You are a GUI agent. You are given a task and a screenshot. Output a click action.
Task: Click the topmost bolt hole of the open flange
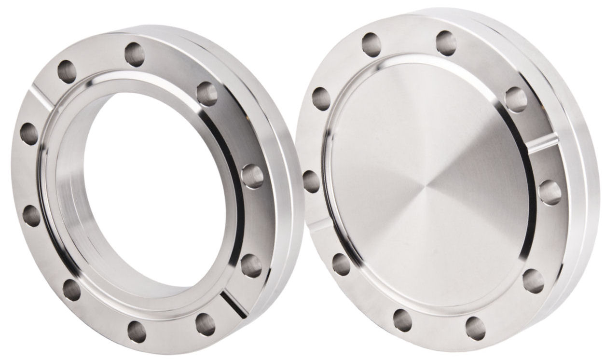tap(135, 55)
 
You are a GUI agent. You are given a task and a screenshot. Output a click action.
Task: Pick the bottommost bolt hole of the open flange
tap(137, 331)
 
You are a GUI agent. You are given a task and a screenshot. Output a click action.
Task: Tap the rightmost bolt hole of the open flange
tap(252, 176)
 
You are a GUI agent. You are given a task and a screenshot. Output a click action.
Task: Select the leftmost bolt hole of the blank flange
tap(312, 182)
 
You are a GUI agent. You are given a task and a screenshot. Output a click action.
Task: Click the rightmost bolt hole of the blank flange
tap(550, 193)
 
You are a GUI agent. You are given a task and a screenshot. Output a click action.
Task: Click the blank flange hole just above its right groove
tap(516, 99)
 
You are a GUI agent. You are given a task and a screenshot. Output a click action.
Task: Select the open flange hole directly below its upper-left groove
tap(29, 133)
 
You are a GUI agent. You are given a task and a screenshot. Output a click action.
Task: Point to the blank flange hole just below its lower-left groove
tap(341, 264)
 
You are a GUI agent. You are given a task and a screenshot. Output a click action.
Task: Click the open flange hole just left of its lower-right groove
tap(206, 324)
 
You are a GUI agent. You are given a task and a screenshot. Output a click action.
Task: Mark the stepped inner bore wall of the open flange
tap(68, 193)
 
